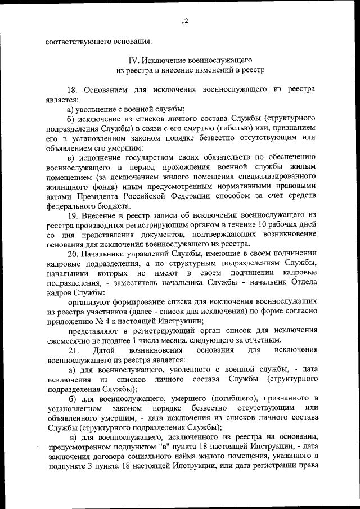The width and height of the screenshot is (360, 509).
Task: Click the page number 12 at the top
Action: tap(184, 21)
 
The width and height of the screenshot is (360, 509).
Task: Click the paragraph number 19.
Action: tap(72, 215)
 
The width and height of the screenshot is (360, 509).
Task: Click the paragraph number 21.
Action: tap(72, 351)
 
